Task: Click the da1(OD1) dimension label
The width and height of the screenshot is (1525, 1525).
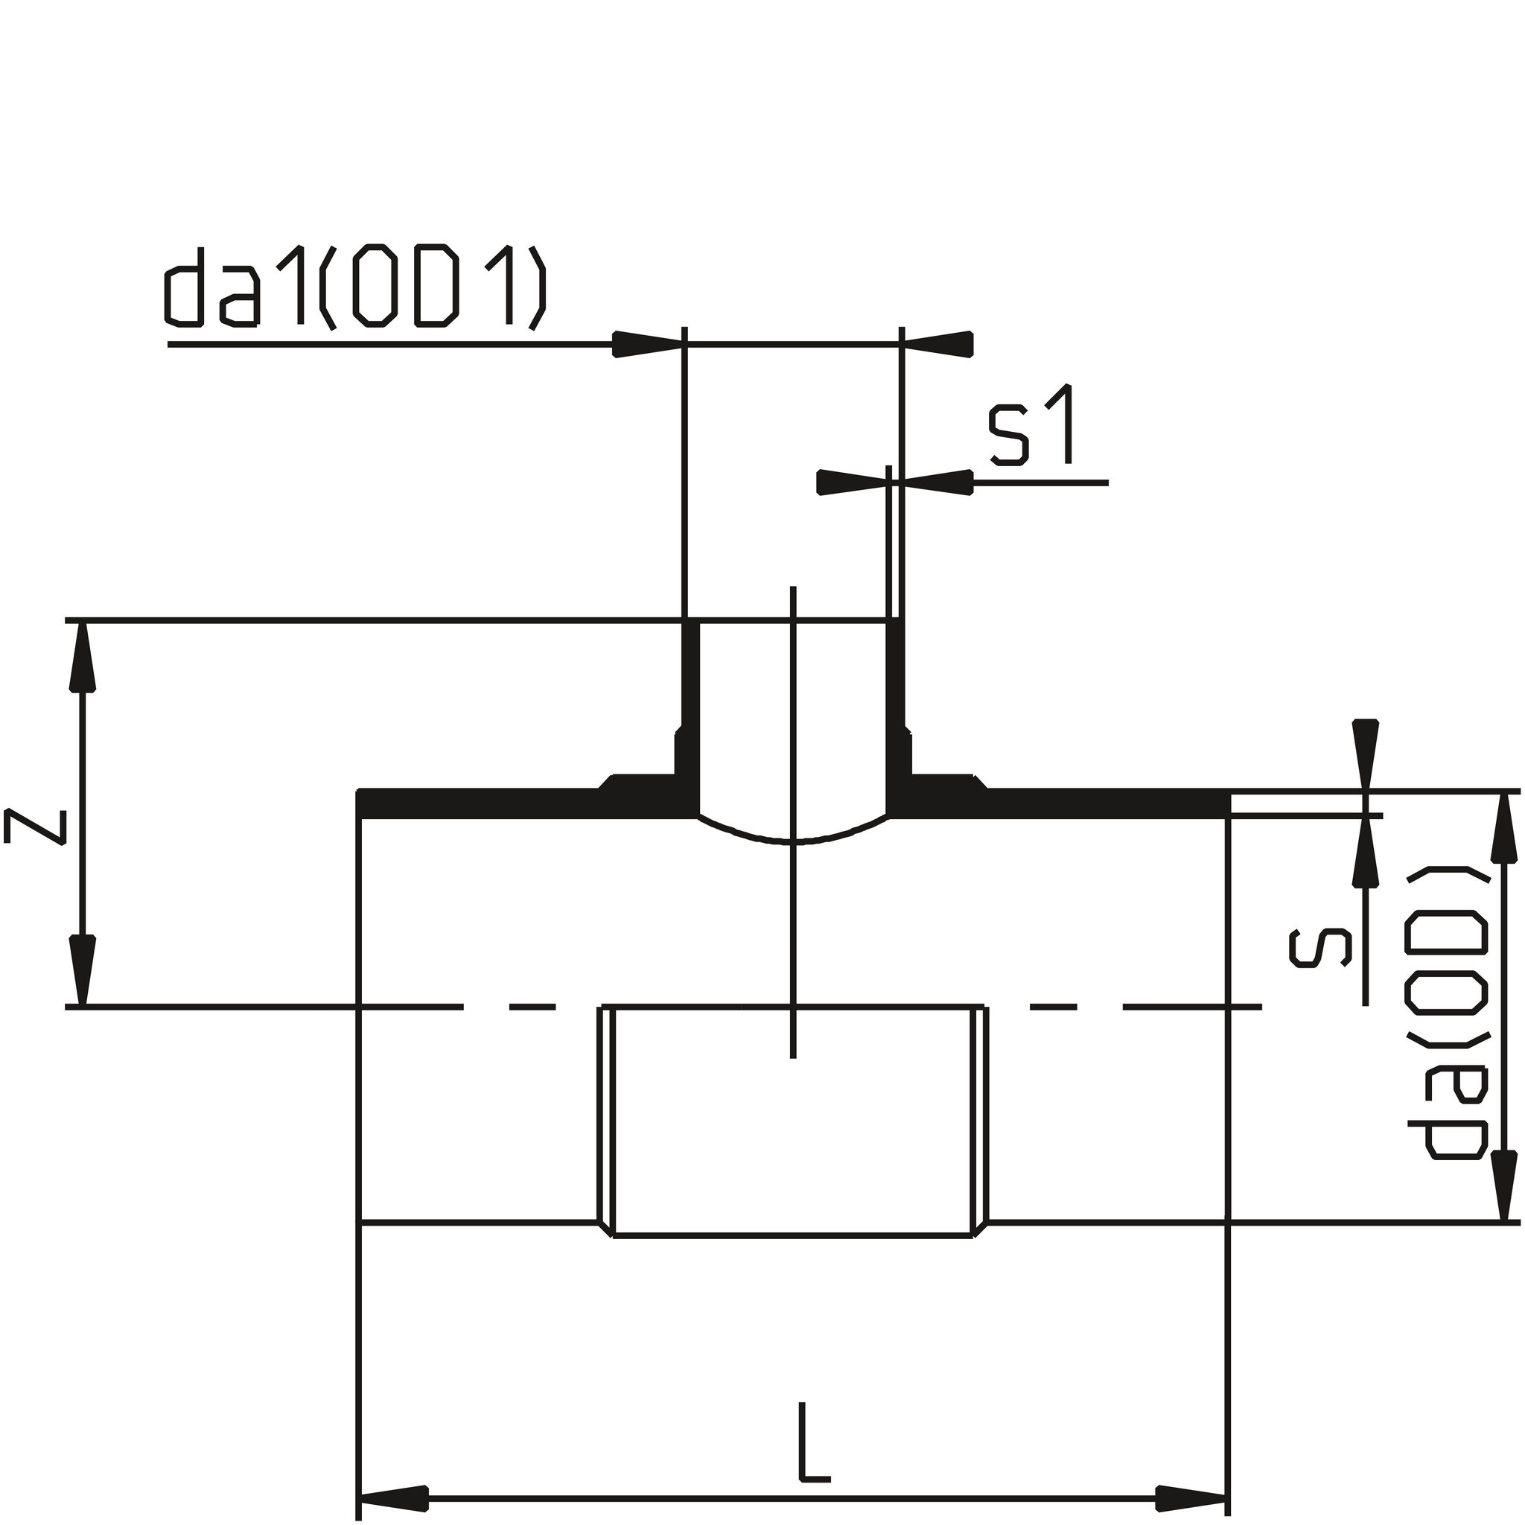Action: [355, 287]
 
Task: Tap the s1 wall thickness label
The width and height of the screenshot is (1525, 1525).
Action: [1031, 424]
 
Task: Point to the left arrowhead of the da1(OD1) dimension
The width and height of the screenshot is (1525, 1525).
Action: [647, 344]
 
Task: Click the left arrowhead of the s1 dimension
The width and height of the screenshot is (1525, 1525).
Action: [853, 483]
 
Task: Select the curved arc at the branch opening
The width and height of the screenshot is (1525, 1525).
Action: [793, 838]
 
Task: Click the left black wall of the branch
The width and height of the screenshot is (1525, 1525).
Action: [689, 710]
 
